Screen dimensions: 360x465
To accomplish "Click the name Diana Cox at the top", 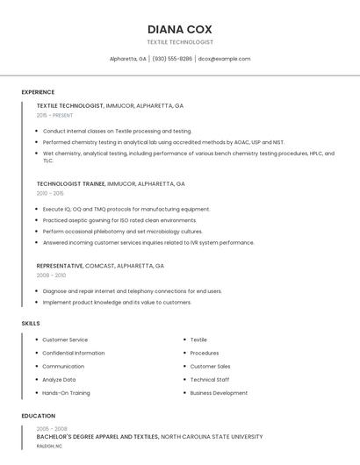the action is click(180, 29).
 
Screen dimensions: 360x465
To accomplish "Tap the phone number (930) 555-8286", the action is click(172, 59).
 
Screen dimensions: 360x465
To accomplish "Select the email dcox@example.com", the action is click(224, 59).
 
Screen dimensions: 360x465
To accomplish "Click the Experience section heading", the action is click(38, 92).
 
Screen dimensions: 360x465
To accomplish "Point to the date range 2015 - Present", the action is click(54, 115).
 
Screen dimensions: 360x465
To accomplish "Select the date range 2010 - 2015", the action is click(50, 193).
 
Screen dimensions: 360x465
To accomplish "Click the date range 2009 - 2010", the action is click(50, 275).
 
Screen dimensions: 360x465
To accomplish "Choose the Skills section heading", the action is click(30, 323).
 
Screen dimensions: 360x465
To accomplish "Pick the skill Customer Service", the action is click(65, 340).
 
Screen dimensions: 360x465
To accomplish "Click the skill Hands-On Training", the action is click(66, 393).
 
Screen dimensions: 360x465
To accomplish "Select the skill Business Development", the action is click(219, 393).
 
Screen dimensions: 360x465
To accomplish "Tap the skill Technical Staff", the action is click(209, 380).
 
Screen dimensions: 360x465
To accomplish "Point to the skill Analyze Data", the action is click(59, 380).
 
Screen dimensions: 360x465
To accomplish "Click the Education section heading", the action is click(38, 416).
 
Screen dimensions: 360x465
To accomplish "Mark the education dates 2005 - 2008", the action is click(51, 428).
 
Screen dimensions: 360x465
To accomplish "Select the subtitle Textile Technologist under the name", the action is click(180, 42).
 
